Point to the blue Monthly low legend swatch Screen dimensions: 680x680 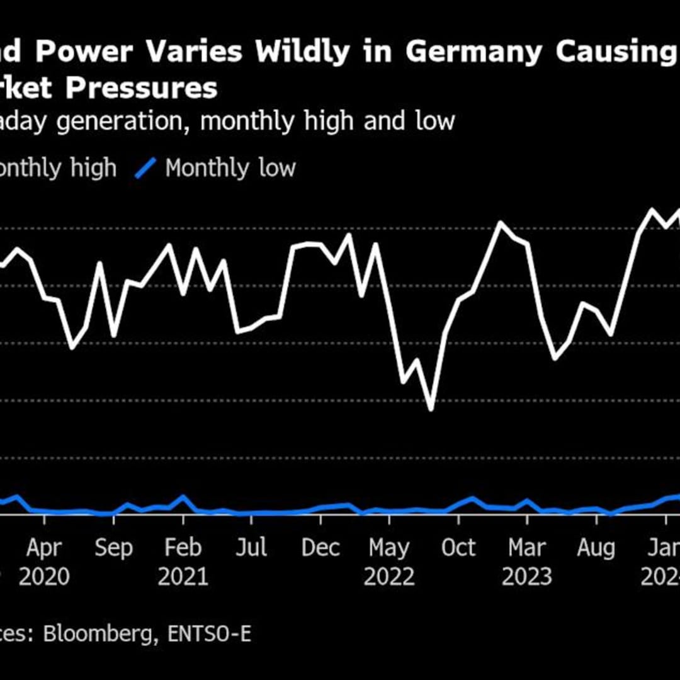[146, 167]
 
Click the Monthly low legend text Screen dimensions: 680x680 [230, 168]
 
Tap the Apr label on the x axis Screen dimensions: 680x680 [45, 548]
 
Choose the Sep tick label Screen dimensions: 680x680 [113, 548]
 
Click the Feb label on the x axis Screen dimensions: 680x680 [183, 548]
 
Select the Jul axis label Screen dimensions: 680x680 [251, 548]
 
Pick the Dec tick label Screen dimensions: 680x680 [320, 548]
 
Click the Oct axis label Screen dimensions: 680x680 [458, 548]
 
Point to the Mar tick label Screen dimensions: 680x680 [527, 548]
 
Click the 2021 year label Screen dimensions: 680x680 [183, 577]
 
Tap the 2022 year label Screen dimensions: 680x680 [389, 577]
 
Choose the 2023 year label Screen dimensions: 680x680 [527, 577]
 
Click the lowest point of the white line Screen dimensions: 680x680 [431, 410]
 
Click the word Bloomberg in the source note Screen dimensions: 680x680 [101, 634]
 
